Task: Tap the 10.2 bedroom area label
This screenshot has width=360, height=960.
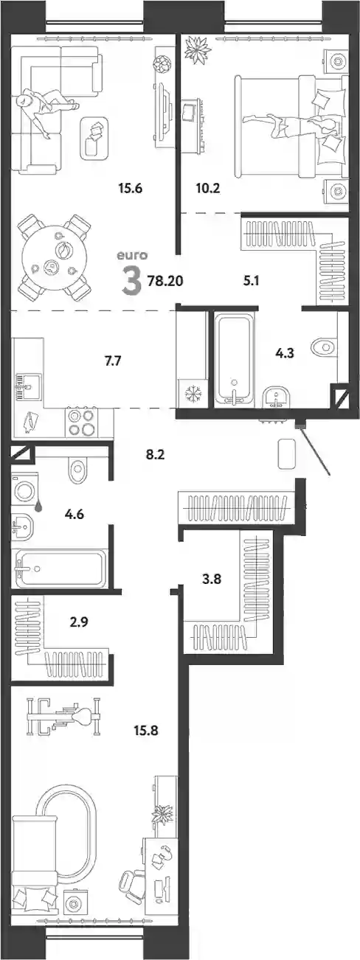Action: (208, 188)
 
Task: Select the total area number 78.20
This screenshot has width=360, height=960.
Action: (165, 281)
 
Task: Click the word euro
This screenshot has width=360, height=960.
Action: (132, 255)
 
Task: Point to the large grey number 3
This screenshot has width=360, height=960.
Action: (131, 281)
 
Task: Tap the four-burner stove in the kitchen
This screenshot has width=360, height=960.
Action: (81, 422)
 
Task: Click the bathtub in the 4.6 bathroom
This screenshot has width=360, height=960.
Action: (60, 568)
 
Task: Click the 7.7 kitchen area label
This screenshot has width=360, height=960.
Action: (113, 361)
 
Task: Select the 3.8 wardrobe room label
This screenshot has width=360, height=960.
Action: (212, 579)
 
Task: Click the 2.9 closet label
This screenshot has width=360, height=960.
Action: (79, 621)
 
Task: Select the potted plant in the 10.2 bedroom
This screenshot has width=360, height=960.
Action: (198, 50)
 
